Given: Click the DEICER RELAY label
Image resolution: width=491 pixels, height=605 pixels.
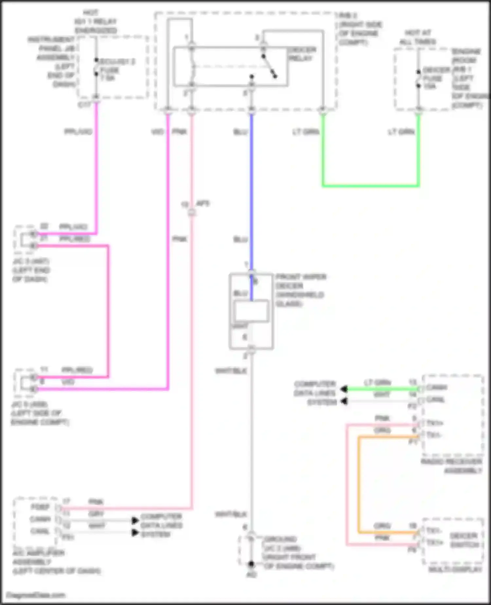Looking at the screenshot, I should click(x=302, y=54).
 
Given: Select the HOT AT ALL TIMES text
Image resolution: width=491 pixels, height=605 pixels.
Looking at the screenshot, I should click(x=418, y=37).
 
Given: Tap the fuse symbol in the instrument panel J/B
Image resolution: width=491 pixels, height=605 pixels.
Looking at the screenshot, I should click(x=96, y=68).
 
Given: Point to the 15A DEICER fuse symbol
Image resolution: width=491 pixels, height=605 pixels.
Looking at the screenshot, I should click(x=418, y=79).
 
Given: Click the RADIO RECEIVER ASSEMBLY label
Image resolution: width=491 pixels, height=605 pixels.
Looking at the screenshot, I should click(x=452, y=466).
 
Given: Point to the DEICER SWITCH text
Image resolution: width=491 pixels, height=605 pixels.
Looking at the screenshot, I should click(x=464, y=540).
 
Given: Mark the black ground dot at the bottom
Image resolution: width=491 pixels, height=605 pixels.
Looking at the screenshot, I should click(x=251, y=564).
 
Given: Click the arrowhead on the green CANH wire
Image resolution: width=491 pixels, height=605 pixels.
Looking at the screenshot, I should click(x=344, y=389).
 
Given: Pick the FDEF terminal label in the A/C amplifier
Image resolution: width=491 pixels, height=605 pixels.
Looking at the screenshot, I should click(x=40, y=507).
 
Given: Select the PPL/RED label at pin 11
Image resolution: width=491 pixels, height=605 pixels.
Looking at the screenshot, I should click(x=77, y=370).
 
